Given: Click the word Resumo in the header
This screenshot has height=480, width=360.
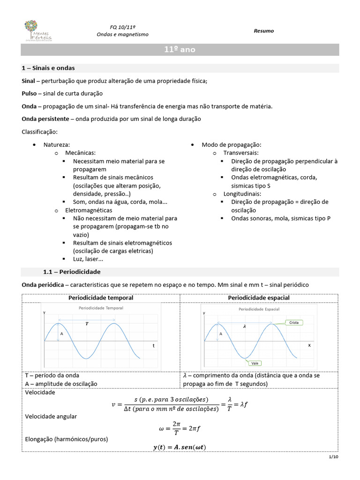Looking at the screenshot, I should point(264,31).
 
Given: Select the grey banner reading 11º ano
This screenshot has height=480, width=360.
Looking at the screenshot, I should point(180,49).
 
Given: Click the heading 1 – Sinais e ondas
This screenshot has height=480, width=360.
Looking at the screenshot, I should point(48,68).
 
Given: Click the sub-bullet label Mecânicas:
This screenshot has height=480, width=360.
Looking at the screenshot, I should point(81,153).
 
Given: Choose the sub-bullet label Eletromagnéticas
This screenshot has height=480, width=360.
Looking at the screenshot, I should point(89,210).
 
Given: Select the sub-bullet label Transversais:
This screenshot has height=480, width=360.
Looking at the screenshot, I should point(241,153).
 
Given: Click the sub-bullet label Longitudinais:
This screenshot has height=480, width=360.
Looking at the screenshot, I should point(242,194).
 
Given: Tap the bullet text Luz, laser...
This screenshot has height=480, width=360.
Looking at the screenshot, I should point(88,259).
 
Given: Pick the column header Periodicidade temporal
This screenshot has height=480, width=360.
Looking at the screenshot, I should point(101,298).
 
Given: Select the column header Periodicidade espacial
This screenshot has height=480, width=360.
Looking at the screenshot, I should point(259,298).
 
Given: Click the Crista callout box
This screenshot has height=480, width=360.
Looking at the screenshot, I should point(294,322).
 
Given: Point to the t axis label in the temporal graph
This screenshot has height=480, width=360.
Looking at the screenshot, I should point(153,345).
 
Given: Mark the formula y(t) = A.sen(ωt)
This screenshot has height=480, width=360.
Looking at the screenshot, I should point(180,447).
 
